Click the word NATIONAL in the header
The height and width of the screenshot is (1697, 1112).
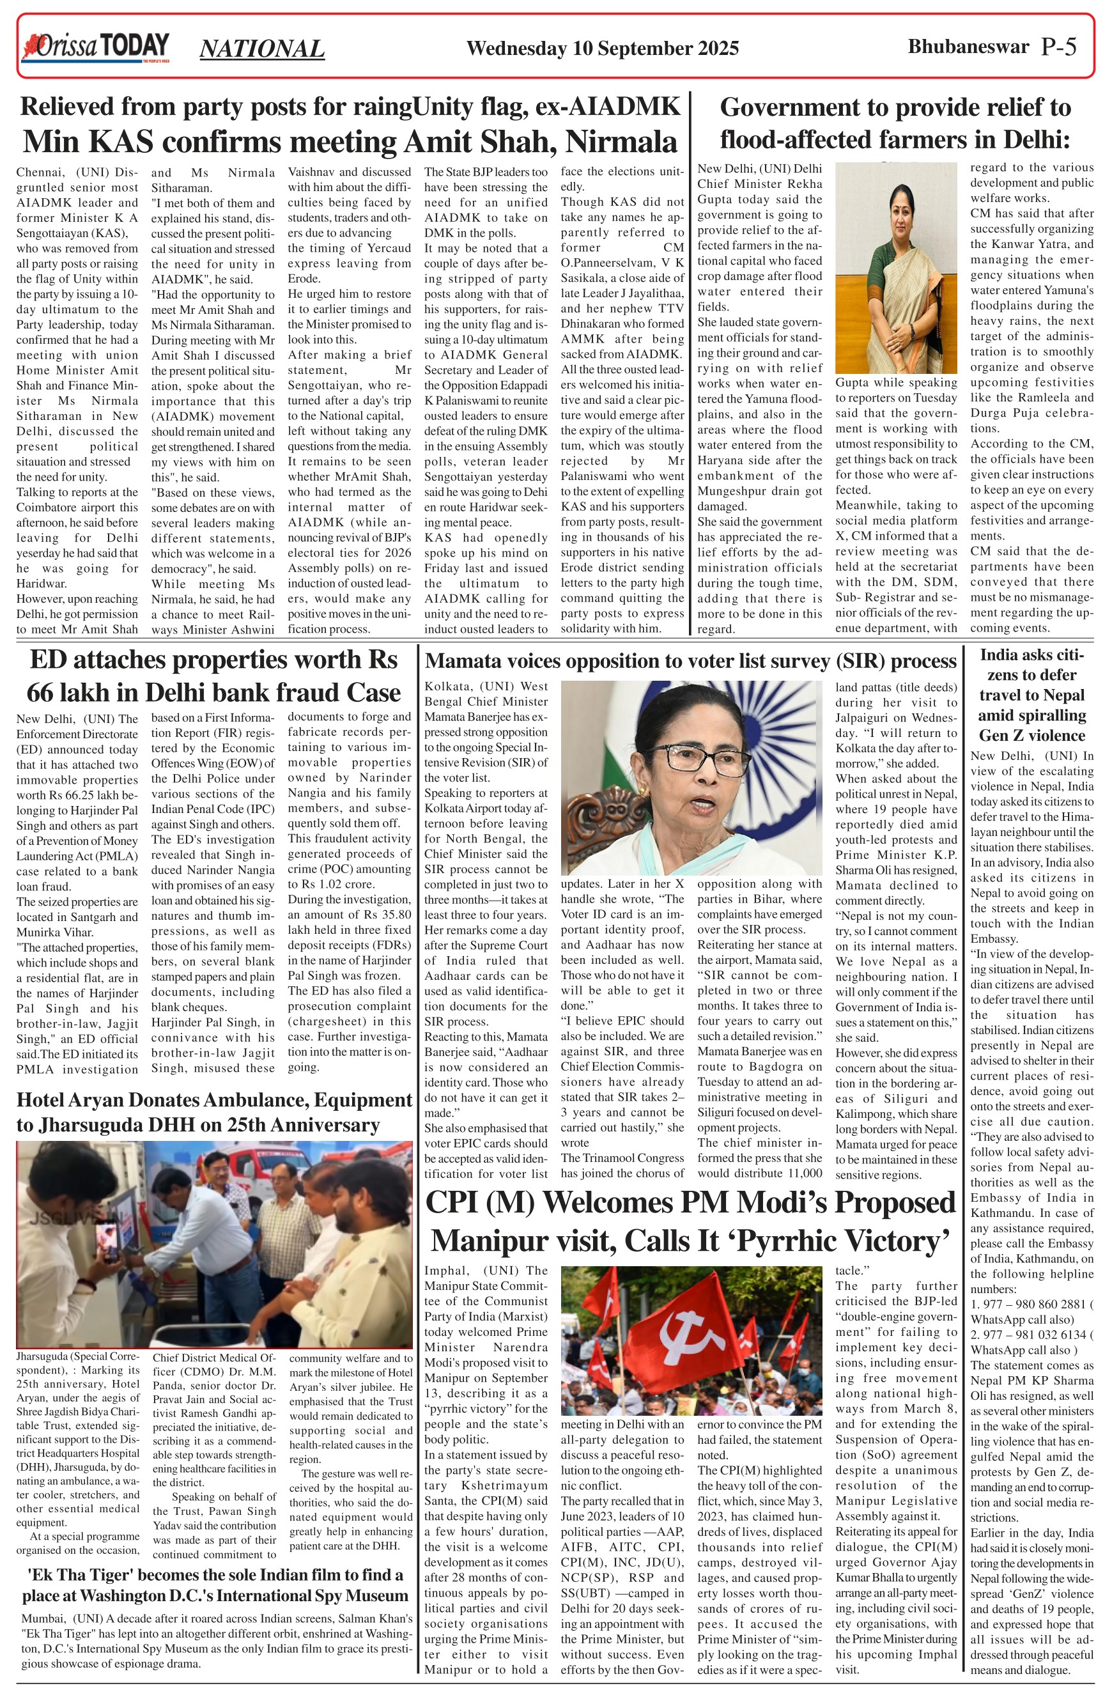261,49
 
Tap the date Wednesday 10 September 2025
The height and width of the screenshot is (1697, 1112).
602,49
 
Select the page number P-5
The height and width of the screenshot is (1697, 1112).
1058,47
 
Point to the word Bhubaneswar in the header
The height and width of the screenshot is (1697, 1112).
968,47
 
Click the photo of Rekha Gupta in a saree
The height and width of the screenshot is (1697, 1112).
895,267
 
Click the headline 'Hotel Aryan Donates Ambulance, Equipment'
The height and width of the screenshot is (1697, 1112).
214,1100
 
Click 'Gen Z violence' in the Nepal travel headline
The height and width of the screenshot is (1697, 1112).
1031,735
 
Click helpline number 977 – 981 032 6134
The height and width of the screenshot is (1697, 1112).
1033,1335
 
